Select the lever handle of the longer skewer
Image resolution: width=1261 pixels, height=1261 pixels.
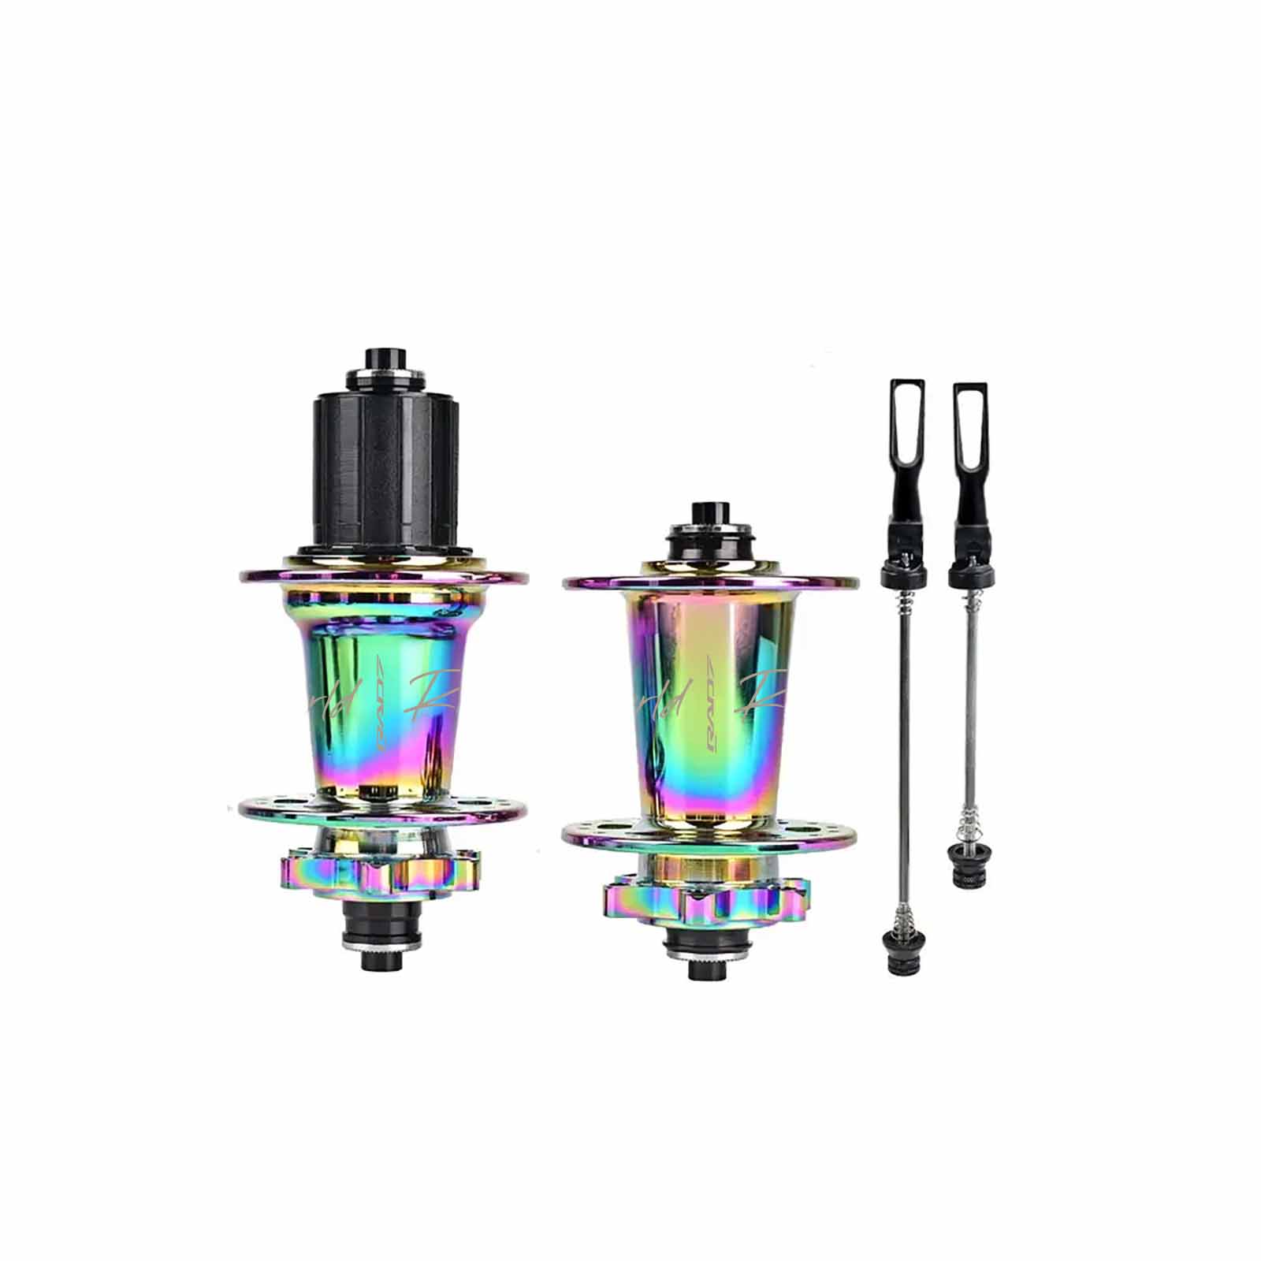906,441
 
